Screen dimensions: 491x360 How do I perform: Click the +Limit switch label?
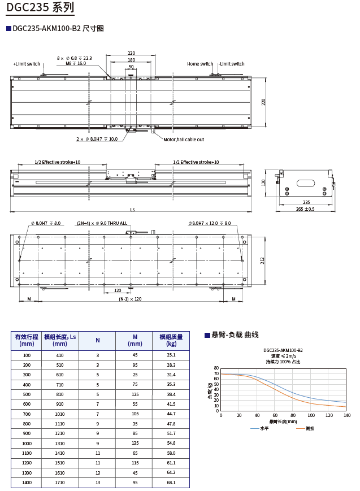(27, 64)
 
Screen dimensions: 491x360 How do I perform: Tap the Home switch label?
(200, 64)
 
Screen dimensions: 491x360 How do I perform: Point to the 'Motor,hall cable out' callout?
(184, 139)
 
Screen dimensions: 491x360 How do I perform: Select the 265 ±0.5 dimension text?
(305, 209)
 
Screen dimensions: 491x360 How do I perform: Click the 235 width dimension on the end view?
(306, 202)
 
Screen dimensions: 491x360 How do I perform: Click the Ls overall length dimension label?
(132, 209)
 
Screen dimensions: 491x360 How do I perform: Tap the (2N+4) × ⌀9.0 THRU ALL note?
(102, 223)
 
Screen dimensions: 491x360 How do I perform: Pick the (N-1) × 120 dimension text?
(130, 299)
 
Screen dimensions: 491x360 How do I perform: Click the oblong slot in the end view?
(306, 183)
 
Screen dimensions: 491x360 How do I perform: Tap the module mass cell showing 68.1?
(171, 483)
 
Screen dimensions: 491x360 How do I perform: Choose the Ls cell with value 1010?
(60, 414)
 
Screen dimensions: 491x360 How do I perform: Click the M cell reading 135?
(135, 443)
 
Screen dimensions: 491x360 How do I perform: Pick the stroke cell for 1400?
(27, 483)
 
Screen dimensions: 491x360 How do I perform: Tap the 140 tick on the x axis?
(346, 415)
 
